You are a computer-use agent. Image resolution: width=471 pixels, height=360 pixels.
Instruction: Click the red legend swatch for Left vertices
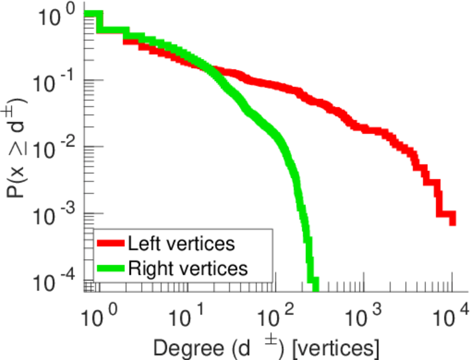[x=111, y=244]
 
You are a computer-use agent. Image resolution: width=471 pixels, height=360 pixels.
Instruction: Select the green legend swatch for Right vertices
[x=111, y=268]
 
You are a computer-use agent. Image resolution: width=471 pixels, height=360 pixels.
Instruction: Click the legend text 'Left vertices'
[x=181, y=244]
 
